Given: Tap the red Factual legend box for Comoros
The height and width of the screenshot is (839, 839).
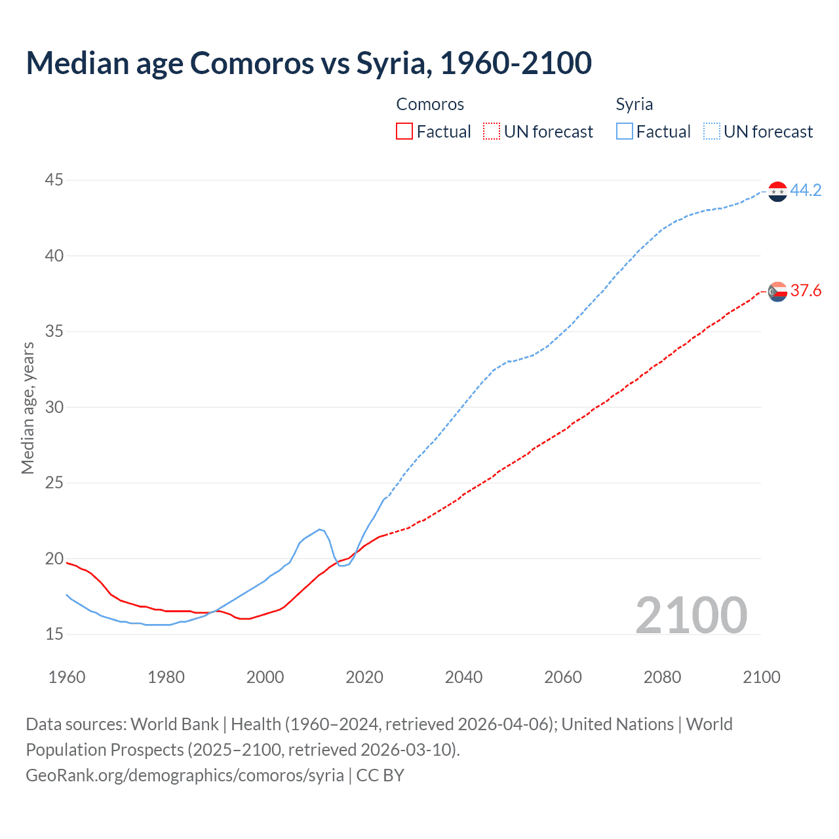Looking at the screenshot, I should [x=404, y=132].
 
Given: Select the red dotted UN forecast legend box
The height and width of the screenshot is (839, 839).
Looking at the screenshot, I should [x=491, y=132].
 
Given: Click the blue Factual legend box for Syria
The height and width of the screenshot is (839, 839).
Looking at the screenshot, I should [x=624, y=132].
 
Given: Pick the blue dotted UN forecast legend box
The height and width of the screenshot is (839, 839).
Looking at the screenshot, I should [x=711, y=132].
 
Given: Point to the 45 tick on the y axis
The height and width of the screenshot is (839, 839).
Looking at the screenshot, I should [x=54, y=180].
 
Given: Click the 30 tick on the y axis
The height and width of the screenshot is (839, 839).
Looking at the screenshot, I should [x=54, y=407].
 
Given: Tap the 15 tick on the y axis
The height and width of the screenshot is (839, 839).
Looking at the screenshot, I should [x=54, y=634].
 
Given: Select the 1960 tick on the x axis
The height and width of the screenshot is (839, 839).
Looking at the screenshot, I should [x=67, y=677].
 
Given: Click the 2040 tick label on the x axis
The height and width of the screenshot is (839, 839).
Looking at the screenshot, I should [x=463, y=677].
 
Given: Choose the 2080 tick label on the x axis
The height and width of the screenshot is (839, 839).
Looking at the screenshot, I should [x=662, y=677].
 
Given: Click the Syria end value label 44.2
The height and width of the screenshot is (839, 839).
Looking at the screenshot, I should [x=806, y=191].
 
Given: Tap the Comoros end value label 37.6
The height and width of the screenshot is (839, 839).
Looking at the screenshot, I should [x=806, y=291].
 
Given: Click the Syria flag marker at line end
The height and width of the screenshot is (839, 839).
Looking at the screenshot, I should [x=777, y=191].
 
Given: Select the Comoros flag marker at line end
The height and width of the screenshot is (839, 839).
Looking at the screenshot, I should [x=777, y=292].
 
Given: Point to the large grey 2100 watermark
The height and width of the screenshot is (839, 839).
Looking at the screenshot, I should [x=691, y=615].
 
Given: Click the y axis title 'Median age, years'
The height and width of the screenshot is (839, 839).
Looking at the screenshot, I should [x=28, y=407].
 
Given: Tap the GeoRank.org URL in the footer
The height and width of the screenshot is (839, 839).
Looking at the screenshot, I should [x=184, y=775].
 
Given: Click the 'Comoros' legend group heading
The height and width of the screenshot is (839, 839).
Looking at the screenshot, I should [x=430, y=104].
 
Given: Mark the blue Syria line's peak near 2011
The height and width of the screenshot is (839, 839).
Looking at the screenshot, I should [x=319, y=529].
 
